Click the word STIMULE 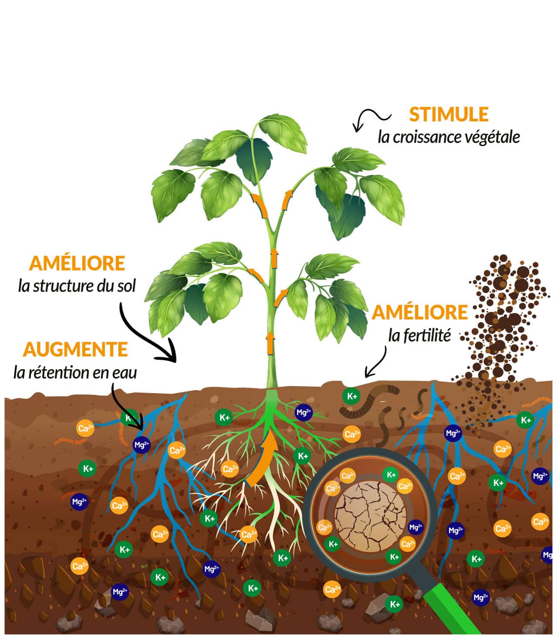click(448, 114)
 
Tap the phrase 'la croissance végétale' click(449, 137)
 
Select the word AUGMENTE click(75, 349)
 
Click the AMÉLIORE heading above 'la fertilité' click(419, 312)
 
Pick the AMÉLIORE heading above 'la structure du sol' click(77, 263)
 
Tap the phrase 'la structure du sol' click(77, 286)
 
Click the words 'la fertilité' click(419, 336)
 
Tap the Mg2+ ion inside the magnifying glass click(416, 527)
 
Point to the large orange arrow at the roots click(262, 458)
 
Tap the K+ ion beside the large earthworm click(352, 396)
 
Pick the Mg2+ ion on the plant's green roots click(304, 413)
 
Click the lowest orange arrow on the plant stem click(270, 343)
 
